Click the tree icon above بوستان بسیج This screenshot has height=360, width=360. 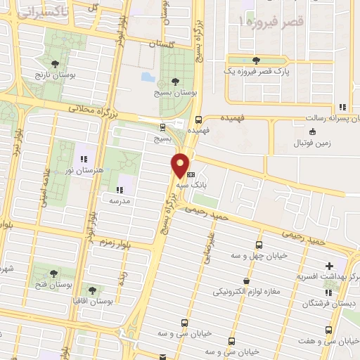(x=176, y=80)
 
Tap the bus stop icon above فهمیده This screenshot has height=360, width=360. (x=199, y=120)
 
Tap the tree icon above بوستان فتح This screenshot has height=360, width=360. (x=53, y=272)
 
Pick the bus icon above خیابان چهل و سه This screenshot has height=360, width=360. (x=259, y=245)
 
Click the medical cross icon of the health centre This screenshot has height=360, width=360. (x=329, y=266)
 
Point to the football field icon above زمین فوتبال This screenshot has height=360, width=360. (x=312, y=131)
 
